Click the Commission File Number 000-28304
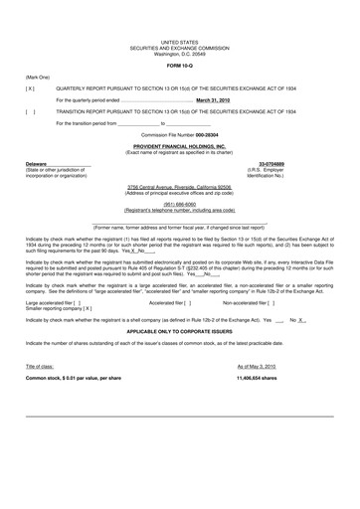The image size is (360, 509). (179, 132)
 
